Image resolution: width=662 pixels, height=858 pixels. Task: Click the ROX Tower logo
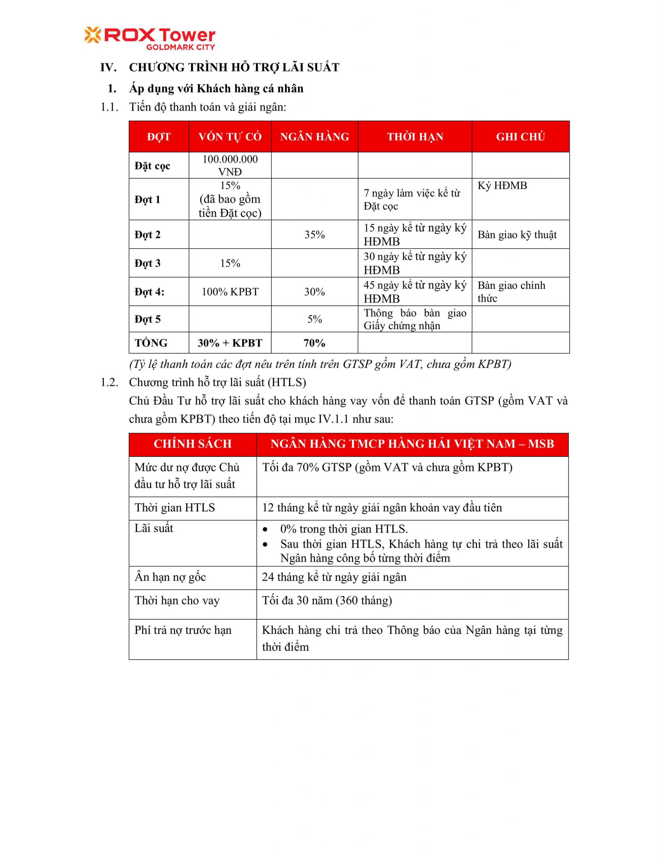point(150,39)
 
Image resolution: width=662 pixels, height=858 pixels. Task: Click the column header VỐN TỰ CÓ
point(230,137)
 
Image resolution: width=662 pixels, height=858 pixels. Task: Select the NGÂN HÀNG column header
point(314,137)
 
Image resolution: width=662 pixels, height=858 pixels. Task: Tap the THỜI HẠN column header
point(415,137)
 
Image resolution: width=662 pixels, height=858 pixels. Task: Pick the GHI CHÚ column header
point(520,137)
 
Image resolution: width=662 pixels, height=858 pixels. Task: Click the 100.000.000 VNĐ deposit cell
point(230,165)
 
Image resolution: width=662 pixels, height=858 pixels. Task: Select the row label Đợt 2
point(148,235)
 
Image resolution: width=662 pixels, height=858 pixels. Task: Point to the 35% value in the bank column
point(314,235)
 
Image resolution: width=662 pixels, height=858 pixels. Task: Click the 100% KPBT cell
point(230,292)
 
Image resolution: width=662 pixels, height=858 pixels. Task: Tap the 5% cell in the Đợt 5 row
point(314,319)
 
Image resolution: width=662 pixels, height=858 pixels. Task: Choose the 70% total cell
point(314,343)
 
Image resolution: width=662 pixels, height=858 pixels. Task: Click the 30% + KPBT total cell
point(230,343)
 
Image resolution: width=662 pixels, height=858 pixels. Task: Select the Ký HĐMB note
point(502,185)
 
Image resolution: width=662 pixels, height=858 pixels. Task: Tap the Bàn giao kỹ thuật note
point(517,235)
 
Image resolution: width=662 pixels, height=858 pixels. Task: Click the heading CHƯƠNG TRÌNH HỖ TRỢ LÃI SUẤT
point(234,68)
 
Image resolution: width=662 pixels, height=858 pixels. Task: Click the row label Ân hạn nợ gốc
point(170,577)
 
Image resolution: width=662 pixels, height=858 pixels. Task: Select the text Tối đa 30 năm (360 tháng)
point(327,601)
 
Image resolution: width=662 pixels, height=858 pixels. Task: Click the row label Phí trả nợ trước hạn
point(183,630)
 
